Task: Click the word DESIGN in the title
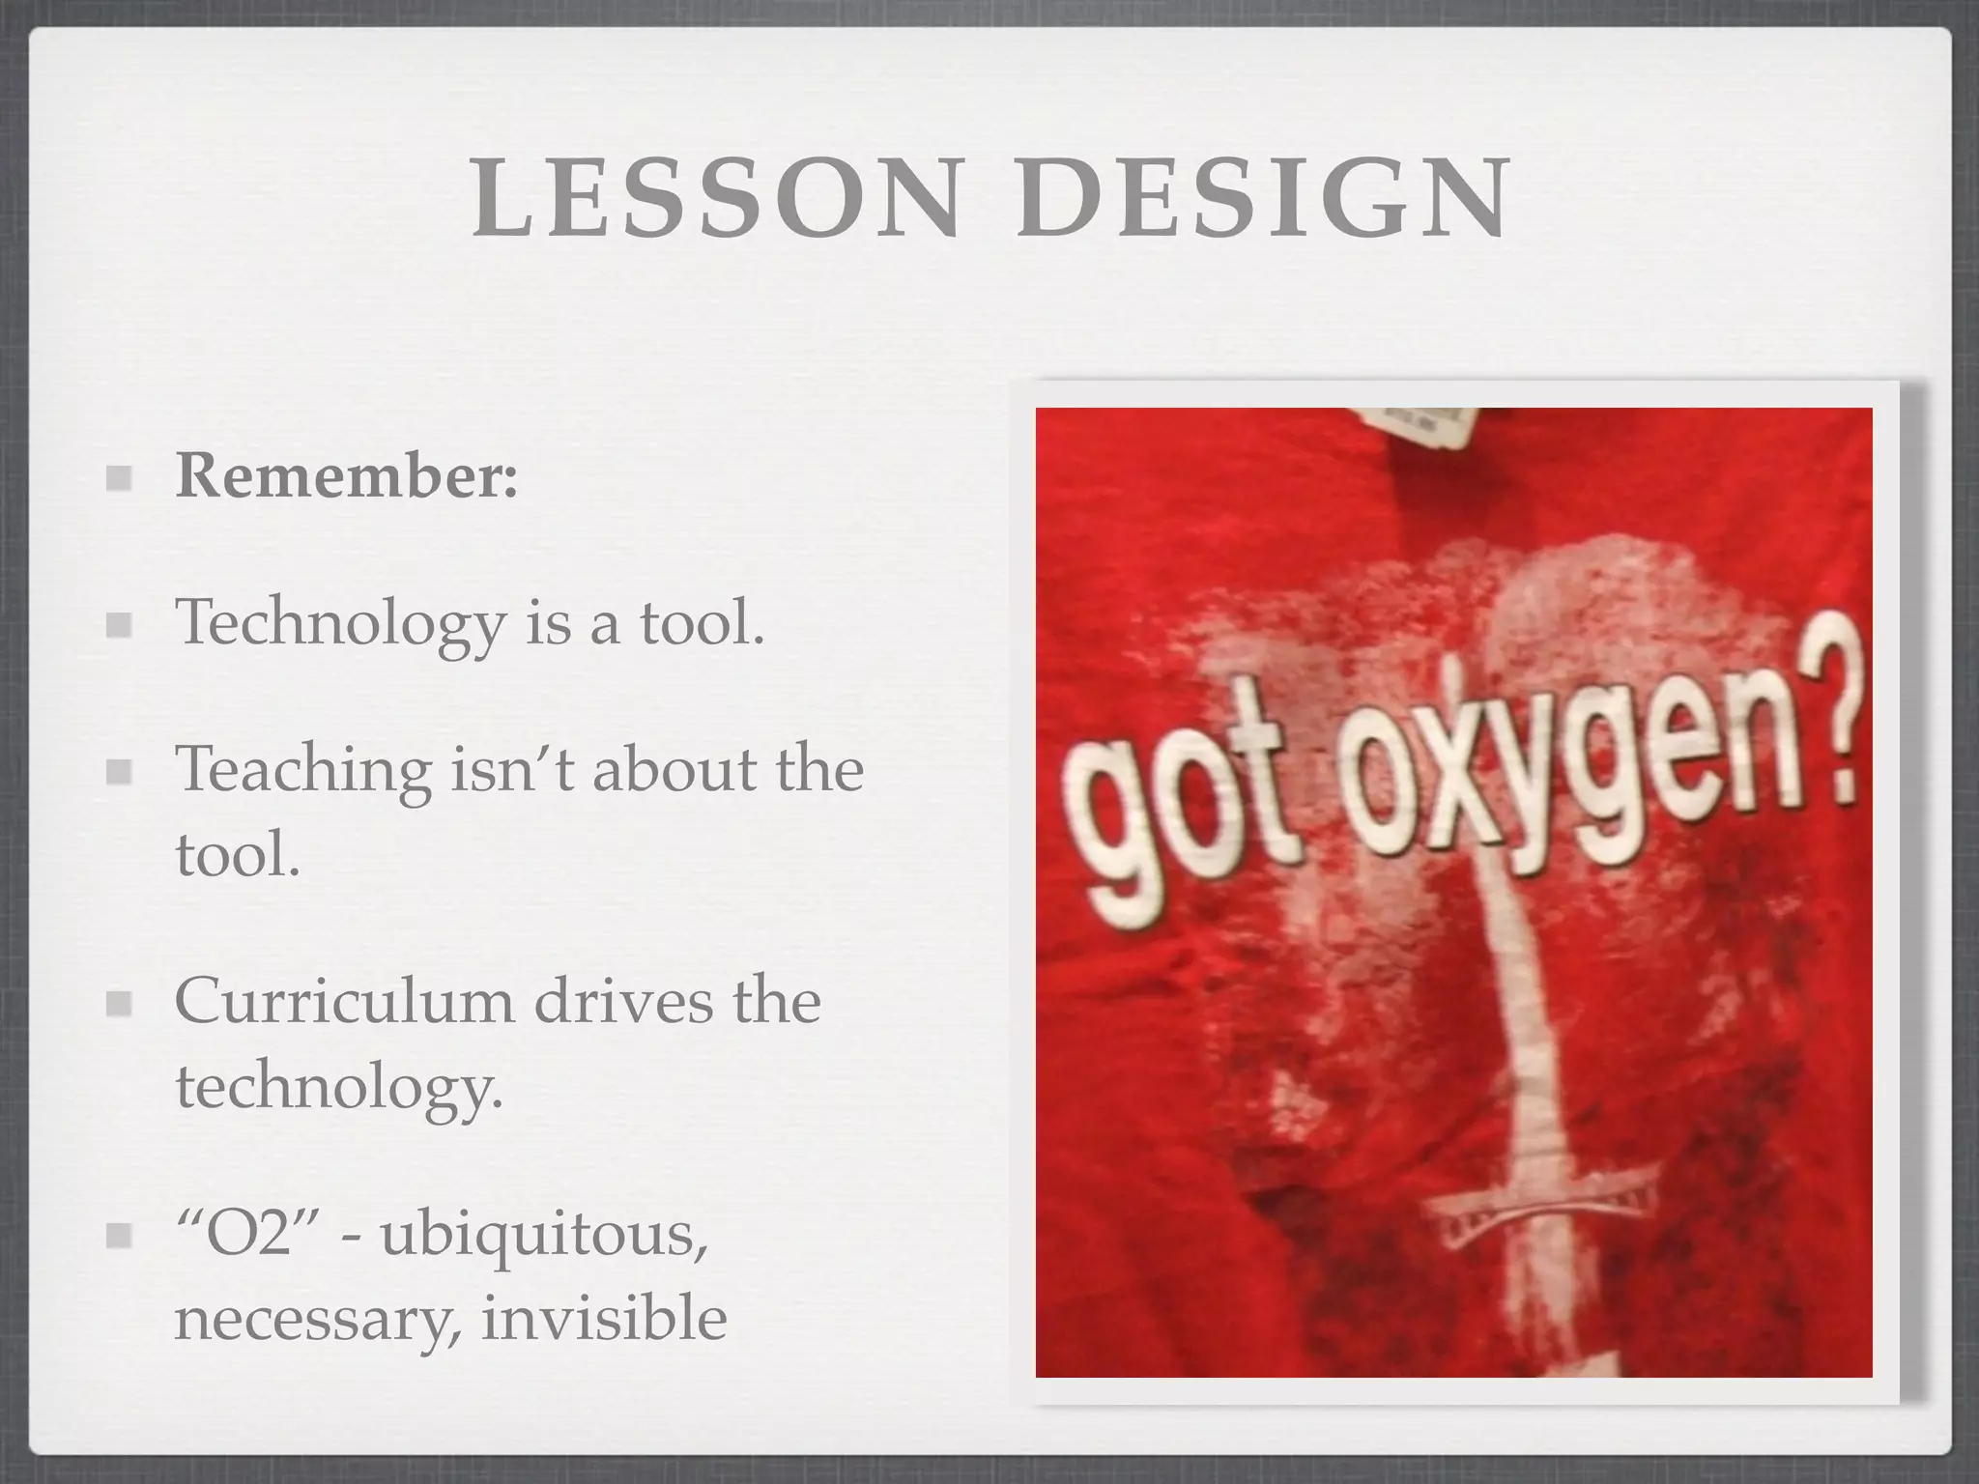1262,199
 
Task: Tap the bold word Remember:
346,476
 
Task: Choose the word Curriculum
344,1001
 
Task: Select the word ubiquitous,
544,1236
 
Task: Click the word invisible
604,1318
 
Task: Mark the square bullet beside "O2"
119,1234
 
